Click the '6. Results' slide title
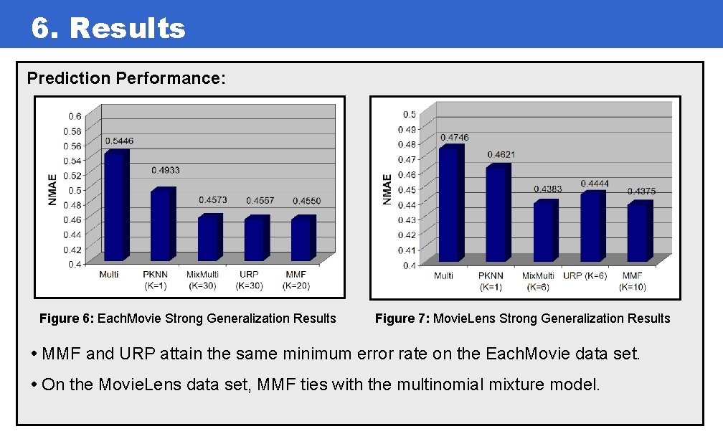(108, 29)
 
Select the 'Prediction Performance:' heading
(126, 77)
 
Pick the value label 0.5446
(119, 141)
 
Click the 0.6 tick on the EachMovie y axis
(74, 115)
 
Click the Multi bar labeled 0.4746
(450, 204)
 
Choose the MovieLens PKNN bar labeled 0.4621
(496, 214)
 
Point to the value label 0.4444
(595, 184)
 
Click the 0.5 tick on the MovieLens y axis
(408, 114)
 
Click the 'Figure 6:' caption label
(66, 318)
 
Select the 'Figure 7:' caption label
(402, 318)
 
